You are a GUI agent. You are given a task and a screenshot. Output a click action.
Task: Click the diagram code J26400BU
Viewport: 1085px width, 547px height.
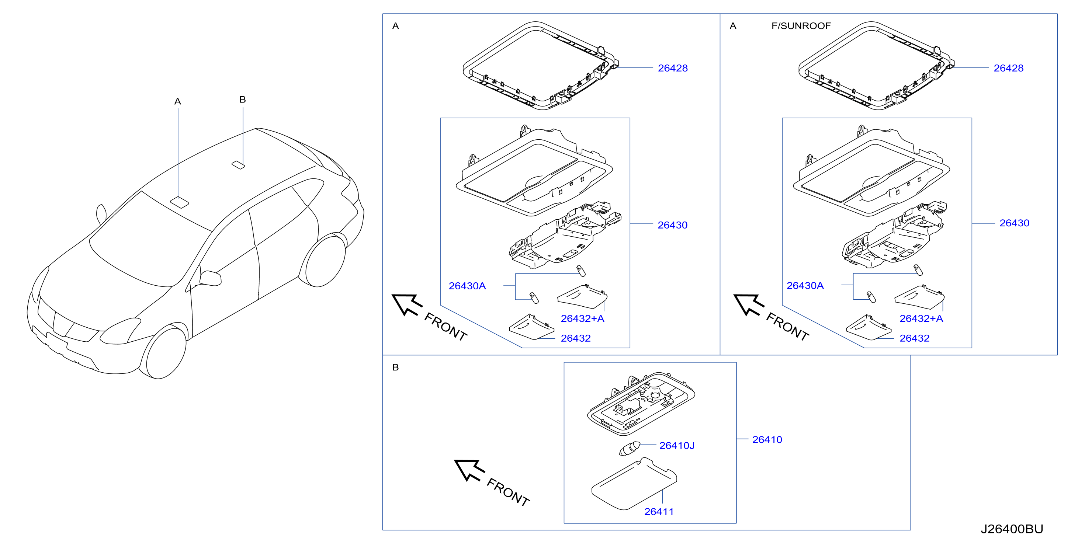[1012, 529]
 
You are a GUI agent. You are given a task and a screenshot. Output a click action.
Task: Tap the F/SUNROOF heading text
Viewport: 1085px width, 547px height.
[801, 26]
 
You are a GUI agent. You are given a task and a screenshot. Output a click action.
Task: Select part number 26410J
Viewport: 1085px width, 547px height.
[676, 446]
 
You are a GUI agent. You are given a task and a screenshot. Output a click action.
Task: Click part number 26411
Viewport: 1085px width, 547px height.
[659, 512]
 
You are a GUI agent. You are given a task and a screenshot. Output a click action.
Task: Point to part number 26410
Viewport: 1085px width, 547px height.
[767, 440]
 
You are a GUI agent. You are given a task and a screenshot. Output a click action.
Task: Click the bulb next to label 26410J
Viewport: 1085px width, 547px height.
[629, 449]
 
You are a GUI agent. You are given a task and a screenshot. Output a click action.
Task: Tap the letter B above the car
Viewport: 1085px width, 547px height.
[243, 100]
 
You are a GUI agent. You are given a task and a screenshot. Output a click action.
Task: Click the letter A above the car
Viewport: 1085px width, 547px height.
[178, 101]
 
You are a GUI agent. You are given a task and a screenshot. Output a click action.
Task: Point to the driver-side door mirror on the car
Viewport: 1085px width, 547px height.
[210, 278]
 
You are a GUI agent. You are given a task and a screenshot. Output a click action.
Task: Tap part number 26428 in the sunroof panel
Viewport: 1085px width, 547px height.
[1008, 68]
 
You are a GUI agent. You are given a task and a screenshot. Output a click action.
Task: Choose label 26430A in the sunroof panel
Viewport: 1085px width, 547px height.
[805, 286]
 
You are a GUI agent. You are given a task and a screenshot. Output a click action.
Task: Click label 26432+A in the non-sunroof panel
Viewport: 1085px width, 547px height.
[582, 319]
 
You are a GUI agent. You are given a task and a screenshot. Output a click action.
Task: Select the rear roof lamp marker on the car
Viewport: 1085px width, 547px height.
[238, 164]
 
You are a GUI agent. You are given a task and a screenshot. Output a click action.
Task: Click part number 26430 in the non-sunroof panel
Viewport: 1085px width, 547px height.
[672, 225]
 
